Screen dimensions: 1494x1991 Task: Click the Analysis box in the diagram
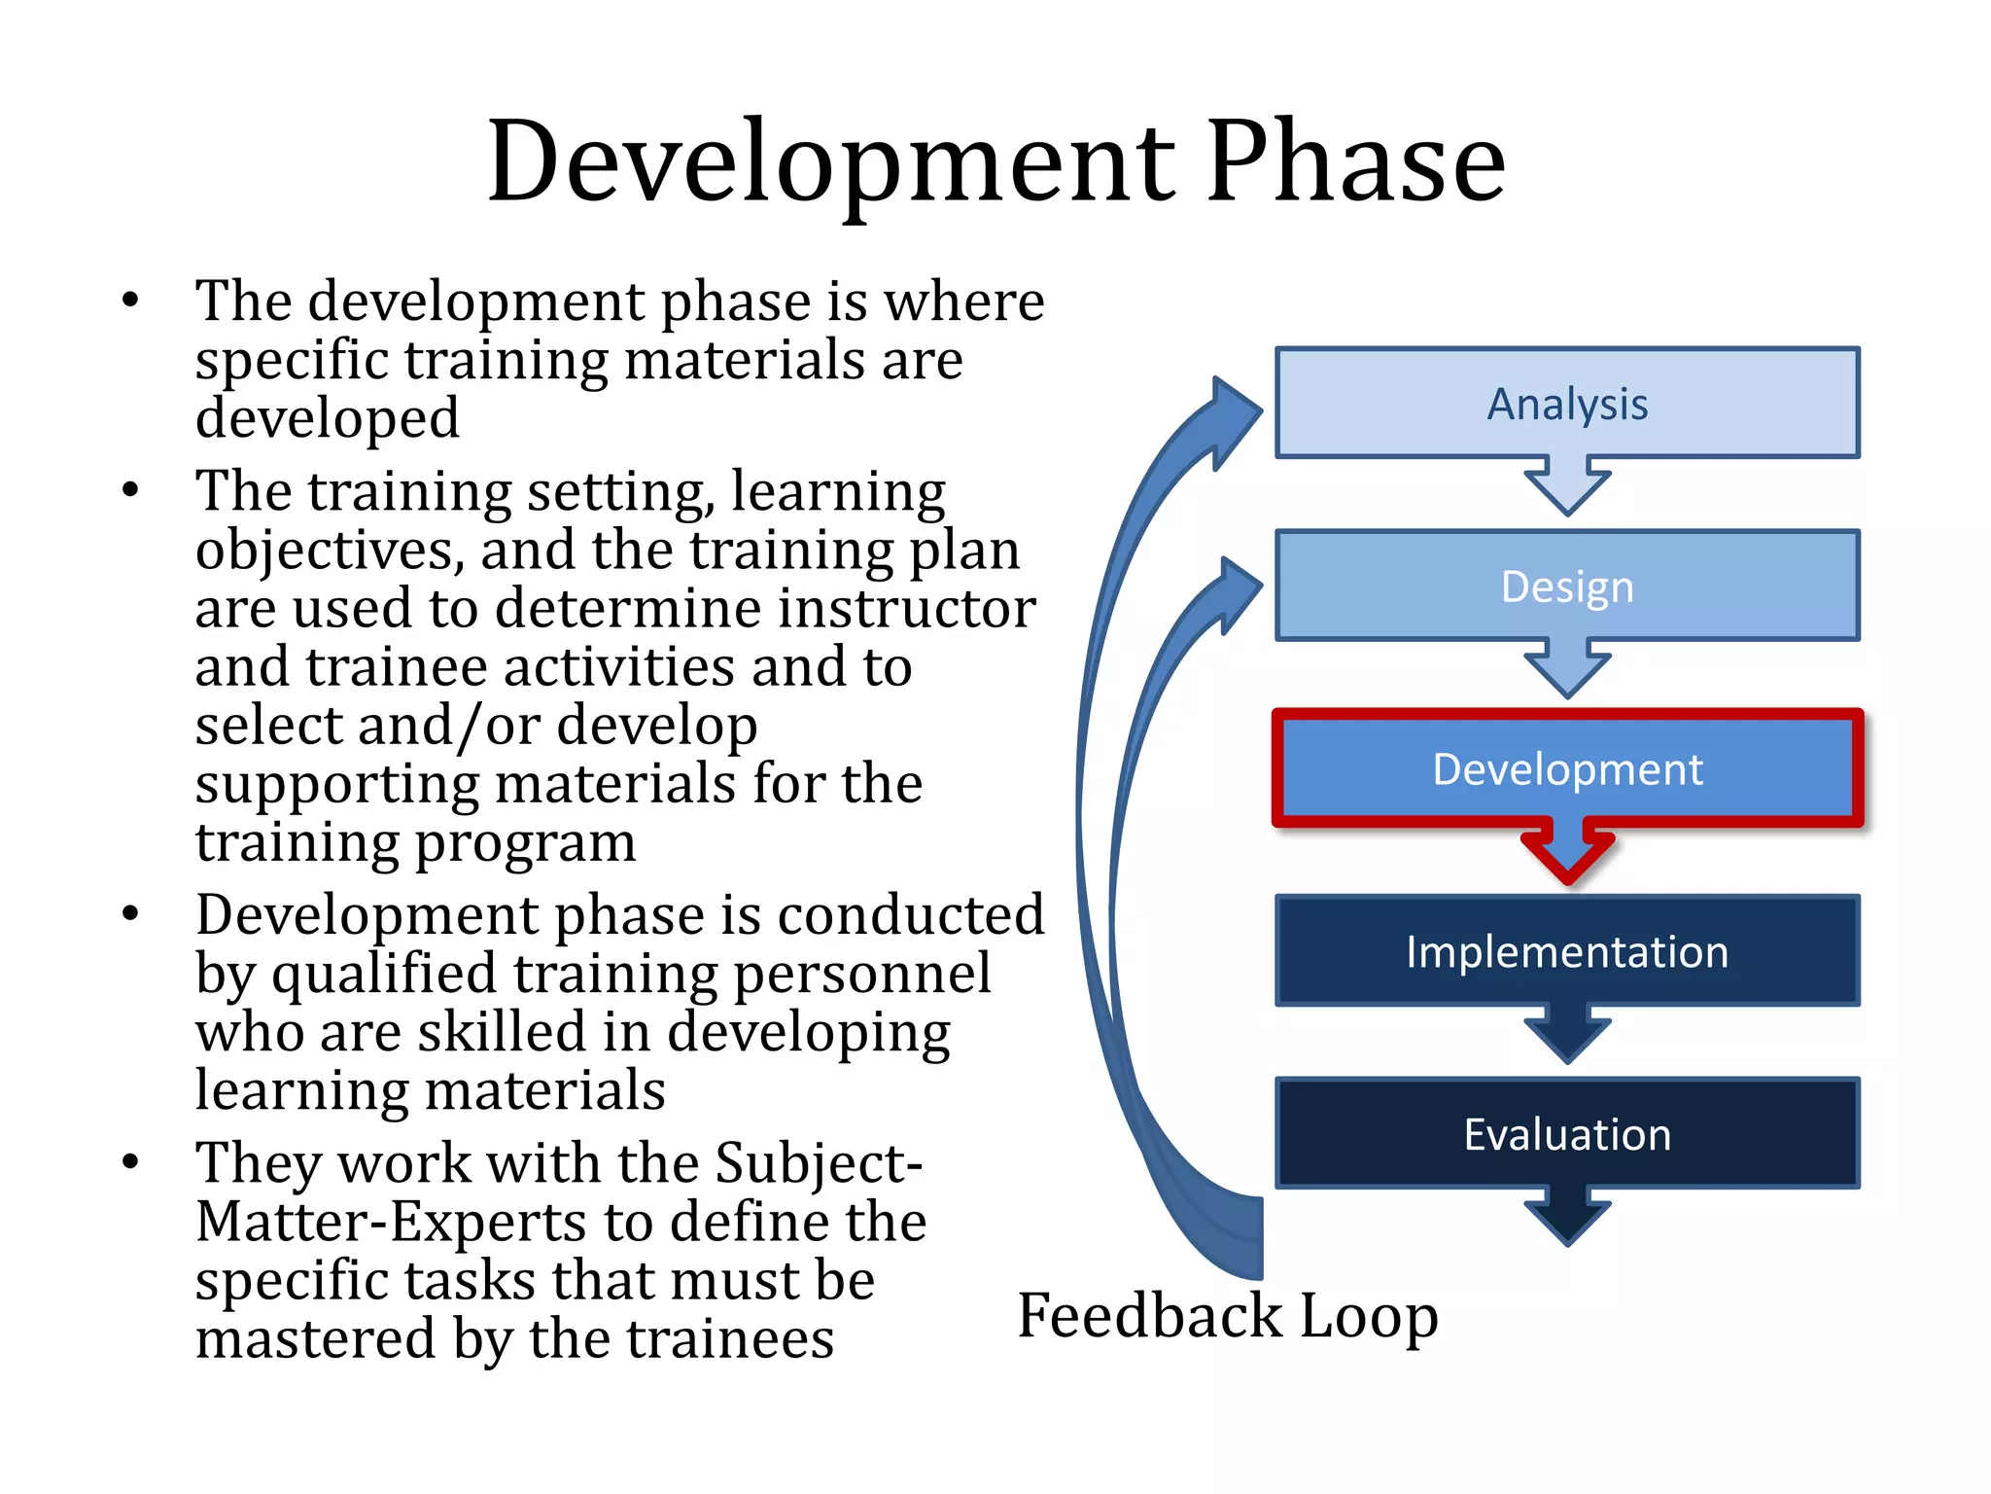pyautogui.click(x=1567, y=403)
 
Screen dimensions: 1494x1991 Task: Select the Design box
pyautogui.click(x=1567, y=586)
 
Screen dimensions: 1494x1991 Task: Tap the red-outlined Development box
pyautogui.click(x=1567, y=768)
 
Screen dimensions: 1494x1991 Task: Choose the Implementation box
pyautogui.click(x=1567, y=950)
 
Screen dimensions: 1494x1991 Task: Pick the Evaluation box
pyautogui.click(x=1567, y=1133)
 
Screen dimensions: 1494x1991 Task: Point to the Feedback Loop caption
pyautogui.click(x=1227, y=1315)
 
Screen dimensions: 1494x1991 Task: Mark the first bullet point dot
pyautogui.click(x=131, y=300)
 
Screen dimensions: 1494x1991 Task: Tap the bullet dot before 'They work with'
pyautogui.click(x=131, y=1161)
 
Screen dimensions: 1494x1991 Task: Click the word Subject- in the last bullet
pyautogui.click(x=819, y=1162)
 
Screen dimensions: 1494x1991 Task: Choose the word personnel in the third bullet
pyautogui.click(x=862, y=974)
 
